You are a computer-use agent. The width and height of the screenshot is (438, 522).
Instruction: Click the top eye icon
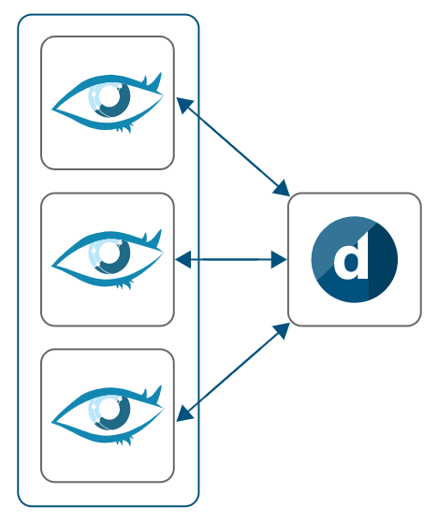(108, 102)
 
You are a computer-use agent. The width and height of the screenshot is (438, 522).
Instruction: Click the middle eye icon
(108, 258)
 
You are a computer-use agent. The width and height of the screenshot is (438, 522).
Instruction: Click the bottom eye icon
(108, 414)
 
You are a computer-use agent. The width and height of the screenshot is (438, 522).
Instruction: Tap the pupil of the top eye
(111, 96)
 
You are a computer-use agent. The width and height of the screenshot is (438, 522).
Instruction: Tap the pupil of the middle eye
(111, 253)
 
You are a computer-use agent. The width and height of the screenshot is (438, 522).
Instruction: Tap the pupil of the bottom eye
(111, 409)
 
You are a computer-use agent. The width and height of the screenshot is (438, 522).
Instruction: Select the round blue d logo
(354, 260)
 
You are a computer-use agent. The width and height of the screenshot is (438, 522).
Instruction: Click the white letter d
(352, 261)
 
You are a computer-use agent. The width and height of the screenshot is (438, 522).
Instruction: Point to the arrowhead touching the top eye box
(184, 105)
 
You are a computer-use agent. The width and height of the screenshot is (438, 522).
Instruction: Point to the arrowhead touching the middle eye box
(183, 259)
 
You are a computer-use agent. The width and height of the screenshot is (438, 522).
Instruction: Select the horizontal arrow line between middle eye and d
(231, 259)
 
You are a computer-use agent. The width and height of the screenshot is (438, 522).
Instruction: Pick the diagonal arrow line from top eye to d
(232, 146)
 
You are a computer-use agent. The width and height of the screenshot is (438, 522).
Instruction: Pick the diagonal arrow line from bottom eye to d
(232, 372)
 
